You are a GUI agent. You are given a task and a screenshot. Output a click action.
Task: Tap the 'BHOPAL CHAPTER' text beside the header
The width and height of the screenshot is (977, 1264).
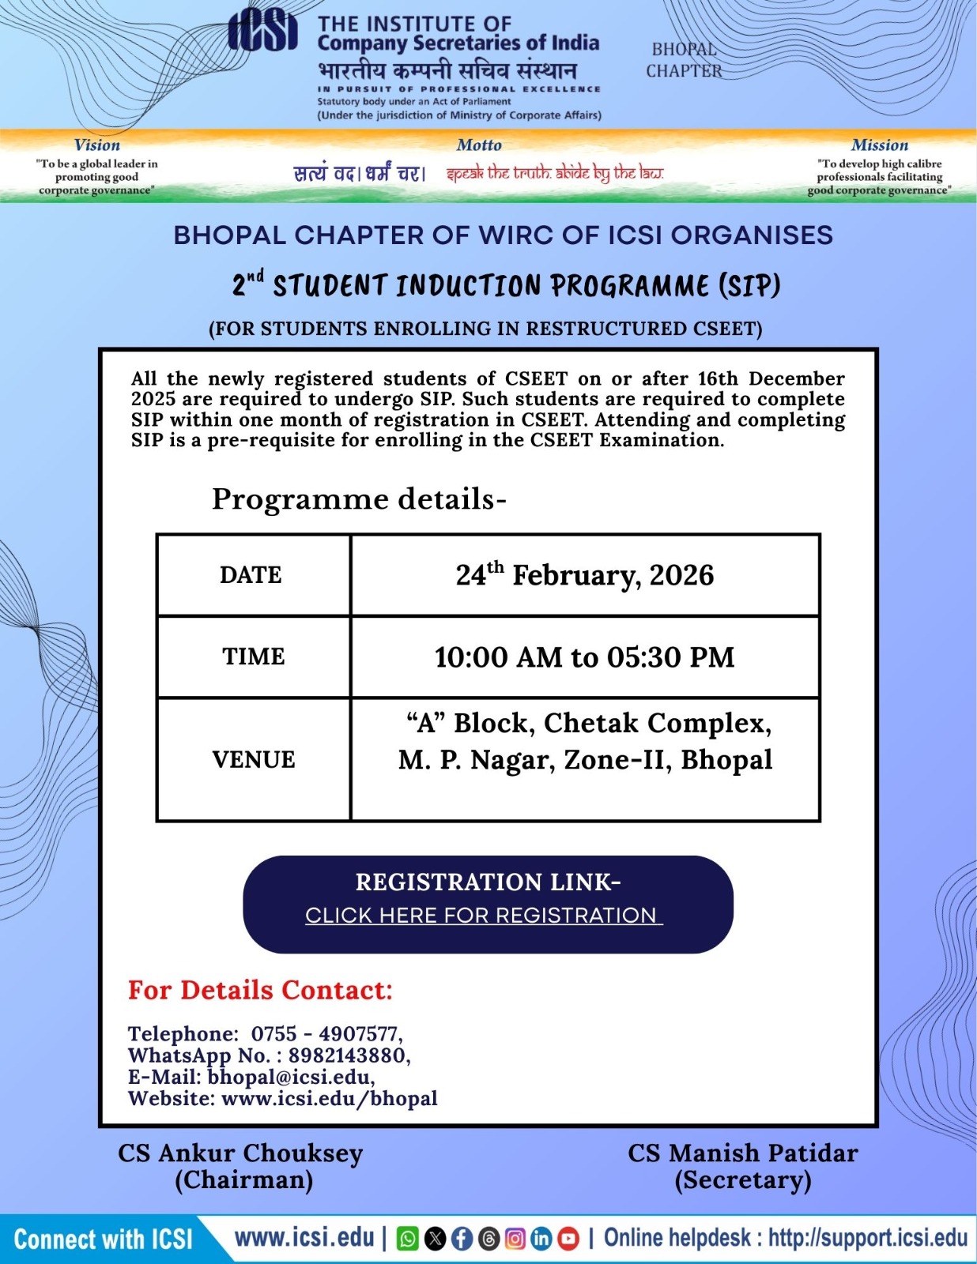click(x=684, y=60)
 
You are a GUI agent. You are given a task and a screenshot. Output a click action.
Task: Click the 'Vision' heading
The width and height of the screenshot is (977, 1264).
click(x=97, y=145)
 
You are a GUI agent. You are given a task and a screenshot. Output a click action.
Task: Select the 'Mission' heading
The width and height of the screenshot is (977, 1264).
click(x=879, y=145)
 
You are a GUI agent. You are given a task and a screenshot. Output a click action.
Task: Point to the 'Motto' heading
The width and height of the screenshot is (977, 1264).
click(x=479, y=145)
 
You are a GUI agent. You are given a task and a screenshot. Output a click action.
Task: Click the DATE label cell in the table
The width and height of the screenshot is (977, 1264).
click(x=251, y=575)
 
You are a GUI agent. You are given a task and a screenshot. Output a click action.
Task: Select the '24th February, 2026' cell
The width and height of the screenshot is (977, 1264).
click(x=584, y=575)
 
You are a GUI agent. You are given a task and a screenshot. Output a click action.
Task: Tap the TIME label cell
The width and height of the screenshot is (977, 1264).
click(x=253, y=656)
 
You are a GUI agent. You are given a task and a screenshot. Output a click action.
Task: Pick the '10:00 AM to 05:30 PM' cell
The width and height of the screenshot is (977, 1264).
click(x=584, y=657)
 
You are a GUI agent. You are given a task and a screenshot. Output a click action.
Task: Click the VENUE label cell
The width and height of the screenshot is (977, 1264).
click(x=253, y=759)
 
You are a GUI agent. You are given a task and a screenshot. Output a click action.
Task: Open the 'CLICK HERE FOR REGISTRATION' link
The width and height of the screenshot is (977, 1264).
click(x=483, y=916)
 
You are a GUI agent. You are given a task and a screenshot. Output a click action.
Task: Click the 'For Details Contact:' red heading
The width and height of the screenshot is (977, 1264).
click(x=260, y=990)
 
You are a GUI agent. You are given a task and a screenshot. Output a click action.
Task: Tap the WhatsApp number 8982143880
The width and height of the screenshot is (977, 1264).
click(x=348, y=1055)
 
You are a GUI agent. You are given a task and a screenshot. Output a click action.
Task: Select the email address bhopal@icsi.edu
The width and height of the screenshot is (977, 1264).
click(x=289, y=1077)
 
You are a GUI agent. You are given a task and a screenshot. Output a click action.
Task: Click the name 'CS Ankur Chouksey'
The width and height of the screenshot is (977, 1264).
click(x=240, y=1153)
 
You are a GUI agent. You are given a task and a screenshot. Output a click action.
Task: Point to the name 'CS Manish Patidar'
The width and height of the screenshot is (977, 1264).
click(x=742, y=1153)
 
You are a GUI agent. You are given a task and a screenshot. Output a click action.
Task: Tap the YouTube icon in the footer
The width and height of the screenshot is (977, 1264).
click(x=568, y=1239)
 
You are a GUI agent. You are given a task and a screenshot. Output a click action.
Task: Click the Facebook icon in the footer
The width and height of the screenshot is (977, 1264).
click(x=462, y=1239)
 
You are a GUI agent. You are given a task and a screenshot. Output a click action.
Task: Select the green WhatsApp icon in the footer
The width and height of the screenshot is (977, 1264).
click(x=408, y=1239)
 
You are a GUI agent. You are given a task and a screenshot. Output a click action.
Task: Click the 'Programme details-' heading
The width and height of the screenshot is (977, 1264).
click(x=359, y=499)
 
